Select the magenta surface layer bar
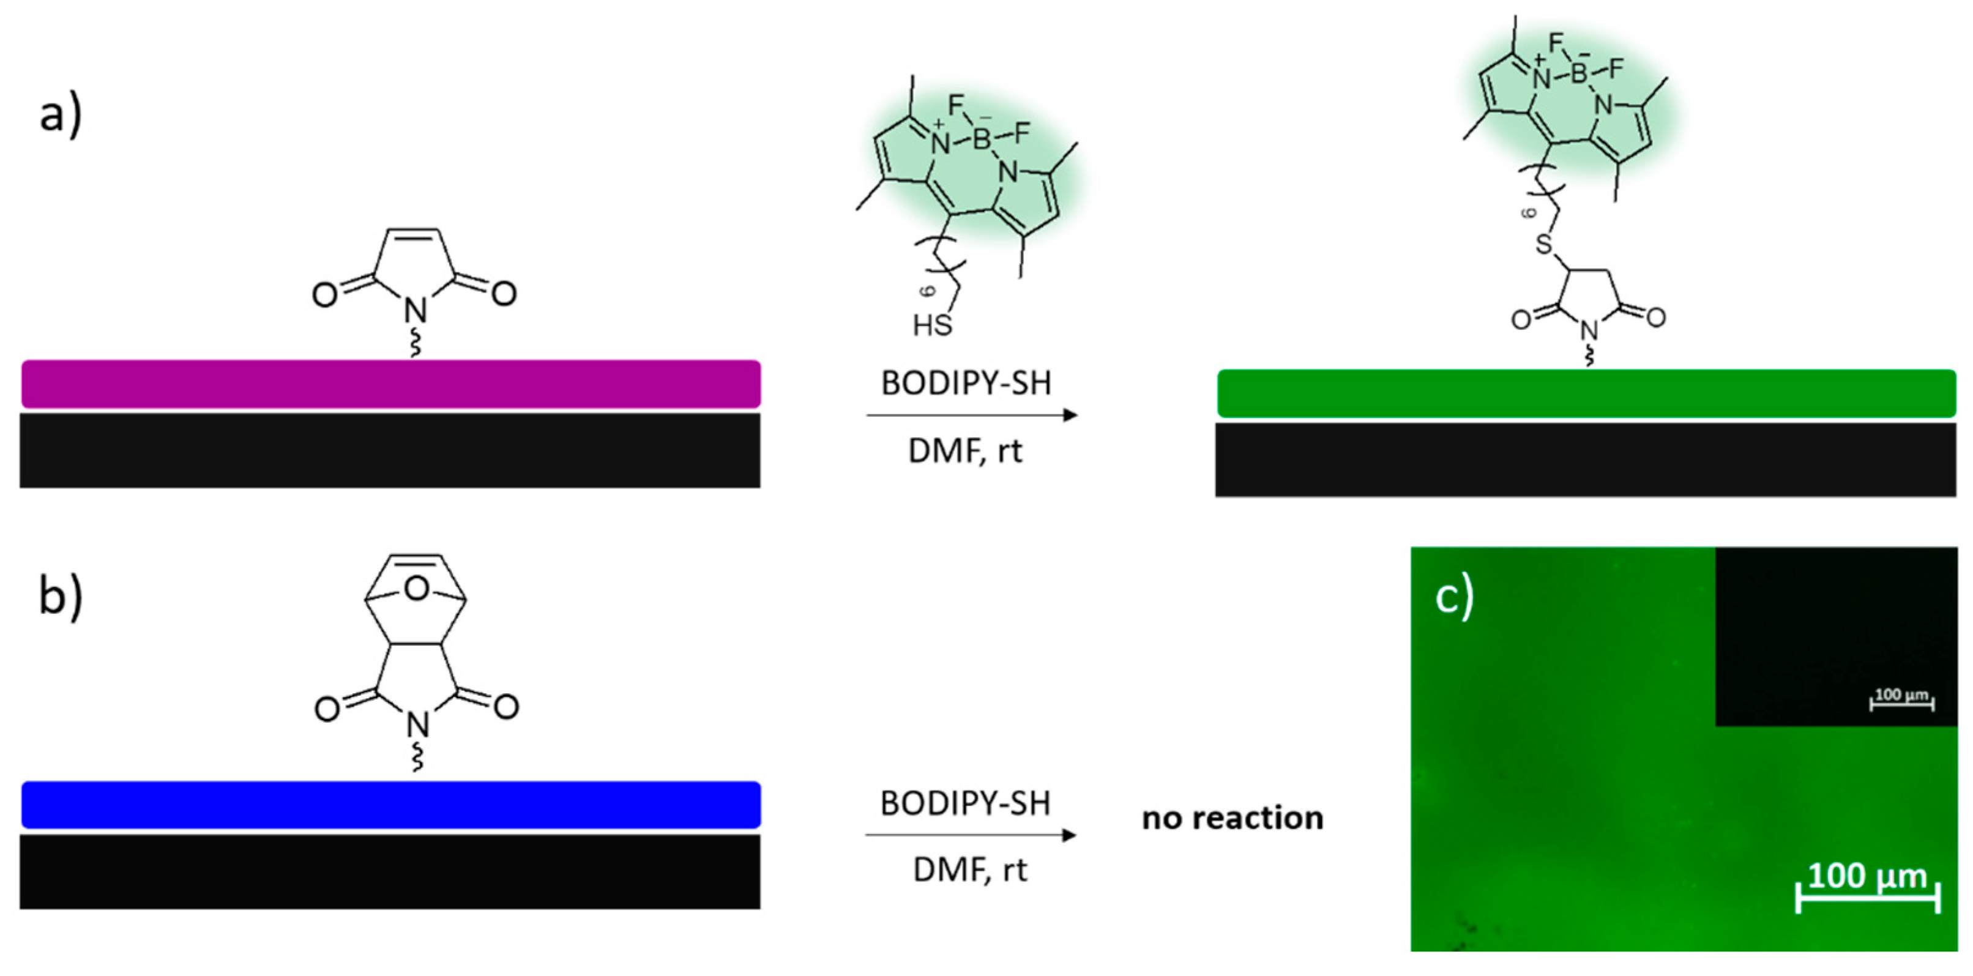390,384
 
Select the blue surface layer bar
390,805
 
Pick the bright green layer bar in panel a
1586,393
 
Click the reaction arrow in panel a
972,415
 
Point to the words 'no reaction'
1233,818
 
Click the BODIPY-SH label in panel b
965,803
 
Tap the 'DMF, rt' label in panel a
965,450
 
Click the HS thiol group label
932,326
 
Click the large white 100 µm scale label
1867,876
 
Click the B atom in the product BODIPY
1578,73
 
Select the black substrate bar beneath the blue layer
390,872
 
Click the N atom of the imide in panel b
417,724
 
